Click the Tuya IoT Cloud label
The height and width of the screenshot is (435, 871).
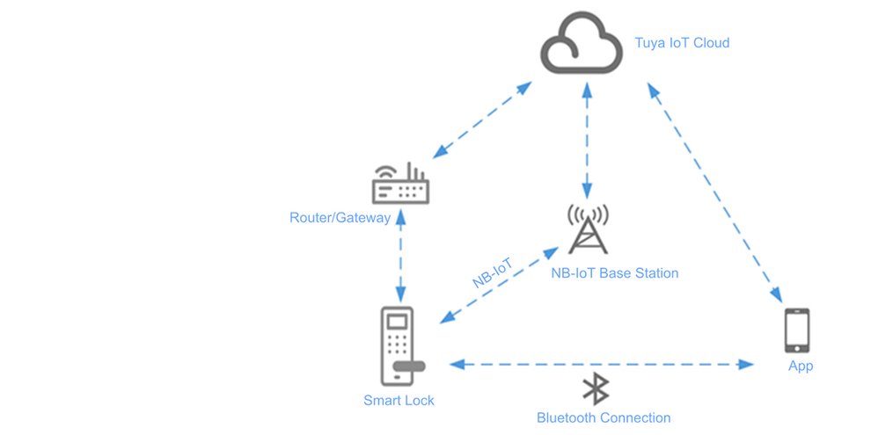[x=682, y=42]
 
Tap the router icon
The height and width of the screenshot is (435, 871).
[x=399, y=185]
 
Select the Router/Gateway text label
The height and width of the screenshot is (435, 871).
[x=340, y=217]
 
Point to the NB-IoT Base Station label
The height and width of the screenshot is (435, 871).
[x=614, y=273]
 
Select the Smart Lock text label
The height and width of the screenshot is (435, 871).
[x=399, y=401]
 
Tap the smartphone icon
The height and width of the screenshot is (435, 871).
[x=796, y=330]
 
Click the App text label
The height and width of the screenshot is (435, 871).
[x=801, y=366]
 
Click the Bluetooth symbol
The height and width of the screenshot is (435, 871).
[x=597, y=388]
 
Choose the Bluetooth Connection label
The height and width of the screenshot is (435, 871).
[x=604, y=418]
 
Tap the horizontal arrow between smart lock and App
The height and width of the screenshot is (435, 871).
[x=603, y=363]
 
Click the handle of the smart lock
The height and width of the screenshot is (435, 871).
[x=409, y=366]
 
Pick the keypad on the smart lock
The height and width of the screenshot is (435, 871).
[x=396, y=344]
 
